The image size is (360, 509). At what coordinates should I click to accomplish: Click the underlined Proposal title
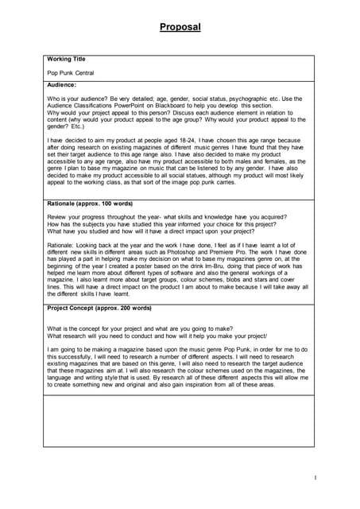180,27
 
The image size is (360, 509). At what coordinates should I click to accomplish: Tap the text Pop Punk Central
70,73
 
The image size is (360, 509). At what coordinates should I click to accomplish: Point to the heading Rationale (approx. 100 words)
90,204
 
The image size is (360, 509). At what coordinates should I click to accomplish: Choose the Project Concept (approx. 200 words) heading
99,308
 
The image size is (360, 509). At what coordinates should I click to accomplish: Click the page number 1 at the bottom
315,477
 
